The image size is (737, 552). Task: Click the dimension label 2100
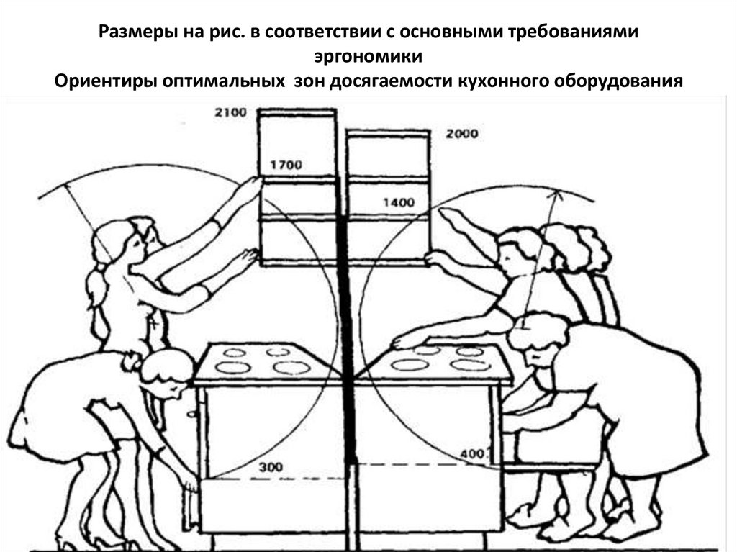[230, 112]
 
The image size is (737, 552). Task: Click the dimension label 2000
[461, 134]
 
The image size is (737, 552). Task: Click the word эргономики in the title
[368, 55]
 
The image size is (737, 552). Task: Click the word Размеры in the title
[130, 33]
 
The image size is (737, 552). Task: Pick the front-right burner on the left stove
[291, 368]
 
